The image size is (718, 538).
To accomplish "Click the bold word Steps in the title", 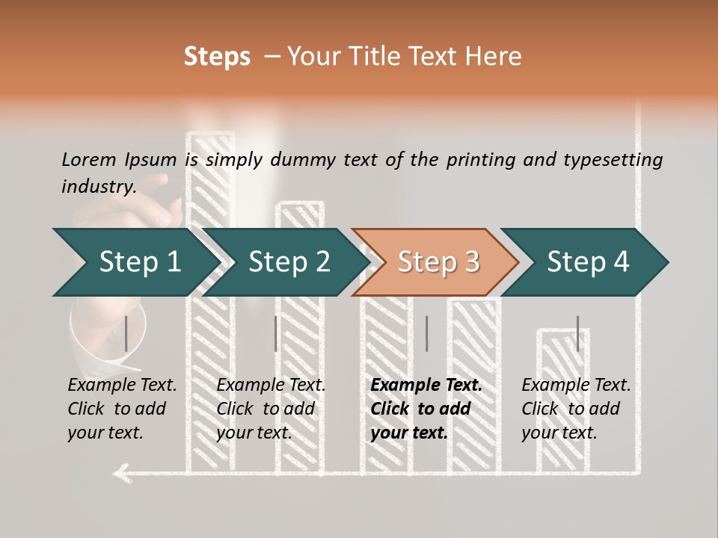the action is (217, 57).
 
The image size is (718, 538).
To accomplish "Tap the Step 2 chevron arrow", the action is (286, 262).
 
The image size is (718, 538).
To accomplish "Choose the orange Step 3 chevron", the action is (436, 262).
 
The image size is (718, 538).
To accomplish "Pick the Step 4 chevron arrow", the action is (585, 262).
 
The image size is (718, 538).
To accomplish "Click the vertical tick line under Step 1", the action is (126, 333).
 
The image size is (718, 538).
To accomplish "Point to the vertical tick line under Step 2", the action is (276, 333).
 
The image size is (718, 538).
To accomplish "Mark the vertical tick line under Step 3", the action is (427, 333).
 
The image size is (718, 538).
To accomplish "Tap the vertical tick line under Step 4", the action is (578, 333).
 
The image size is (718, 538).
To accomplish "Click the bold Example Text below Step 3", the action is (426, 386).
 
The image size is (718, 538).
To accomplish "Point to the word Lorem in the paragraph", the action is (88, 160).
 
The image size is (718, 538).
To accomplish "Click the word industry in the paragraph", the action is (97, 187).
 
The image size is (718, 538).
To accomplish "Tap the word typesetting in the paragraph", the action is (613, 161).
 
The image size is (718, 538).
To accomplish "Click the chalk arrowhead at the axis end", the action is (122, 473).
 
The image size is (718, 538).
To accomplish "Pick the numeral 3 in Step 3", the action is (472, 262).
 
